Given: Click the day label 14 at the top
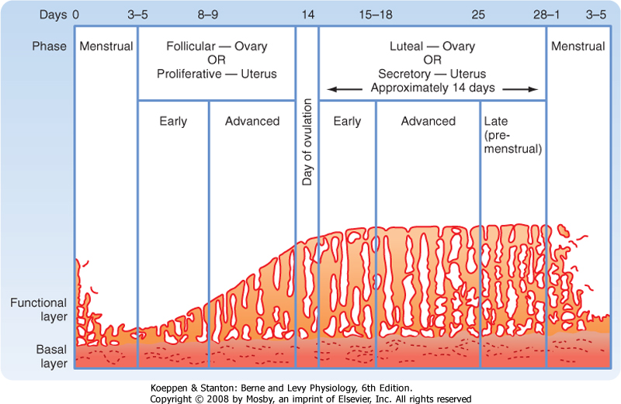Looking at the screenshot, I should pos(307,14).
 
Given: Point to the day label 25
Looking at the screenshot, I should pos(479,14).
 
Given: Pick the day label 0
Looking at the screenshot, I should pos(75,14).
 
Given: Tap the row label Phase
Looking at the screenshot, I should pos(48,47).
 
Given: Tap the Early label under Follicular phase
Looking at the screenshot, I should pos(173,121).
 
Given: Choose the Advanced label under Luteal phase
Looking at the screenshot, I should pos(428,121).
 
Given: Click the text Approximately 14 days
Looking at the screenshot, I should pos(432,88).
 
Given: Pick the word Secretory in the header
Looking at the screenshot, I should pos(407,74).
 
